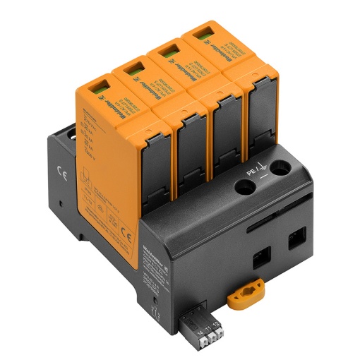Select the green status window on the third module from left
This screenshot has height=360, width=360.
pos(169,50)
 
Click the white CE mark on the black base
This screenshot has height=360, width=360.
pos(60,170)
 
